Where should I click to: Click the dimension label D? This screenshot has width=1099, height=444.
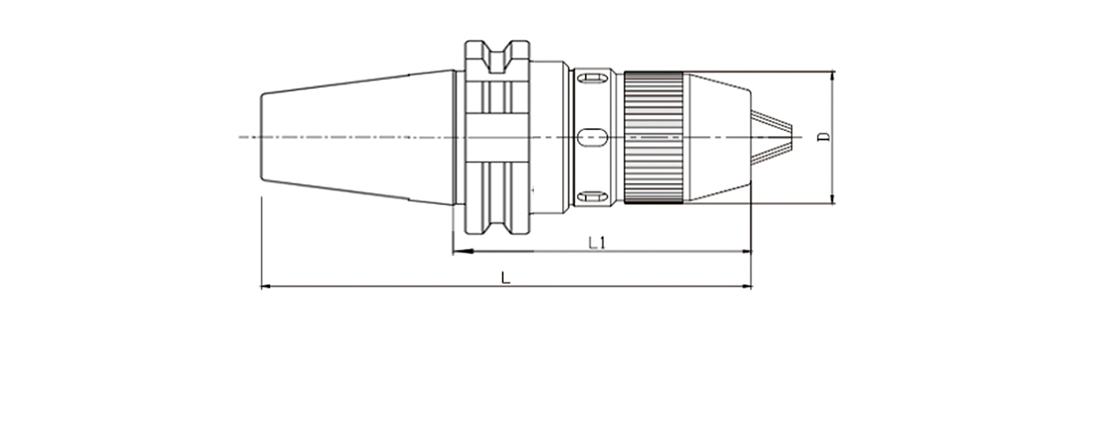pyautogui.click(x=824, y=137)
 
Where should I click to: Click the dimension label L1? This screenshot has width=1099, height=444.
pyautogui.click(x=597, y=243)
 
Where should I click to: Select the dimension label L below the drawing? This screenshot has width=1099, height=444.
pyautogui.click(x=506, y=277)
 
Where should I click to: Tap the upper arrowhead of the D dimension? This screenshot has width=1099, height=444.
pyautogui.click(x=832, y=76)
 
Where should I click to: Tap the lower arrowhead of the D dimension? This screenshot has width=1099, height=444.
pyautogui.click(x=832, y=199)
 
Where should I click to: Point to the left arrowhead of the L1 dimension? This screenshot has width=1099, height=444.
pyautogui.click(x=462, y=251)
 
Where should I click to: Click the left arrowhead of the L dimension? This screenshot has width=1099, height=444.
pyautogui.click(x=266, y=286)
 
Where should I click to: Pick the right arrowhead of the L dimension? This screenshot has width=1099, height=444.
pyautogui.click(x=746, y=286)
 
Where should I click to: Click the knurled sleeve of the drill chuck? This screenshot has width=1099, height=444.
pyautogui.click(x=653, y=137)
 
